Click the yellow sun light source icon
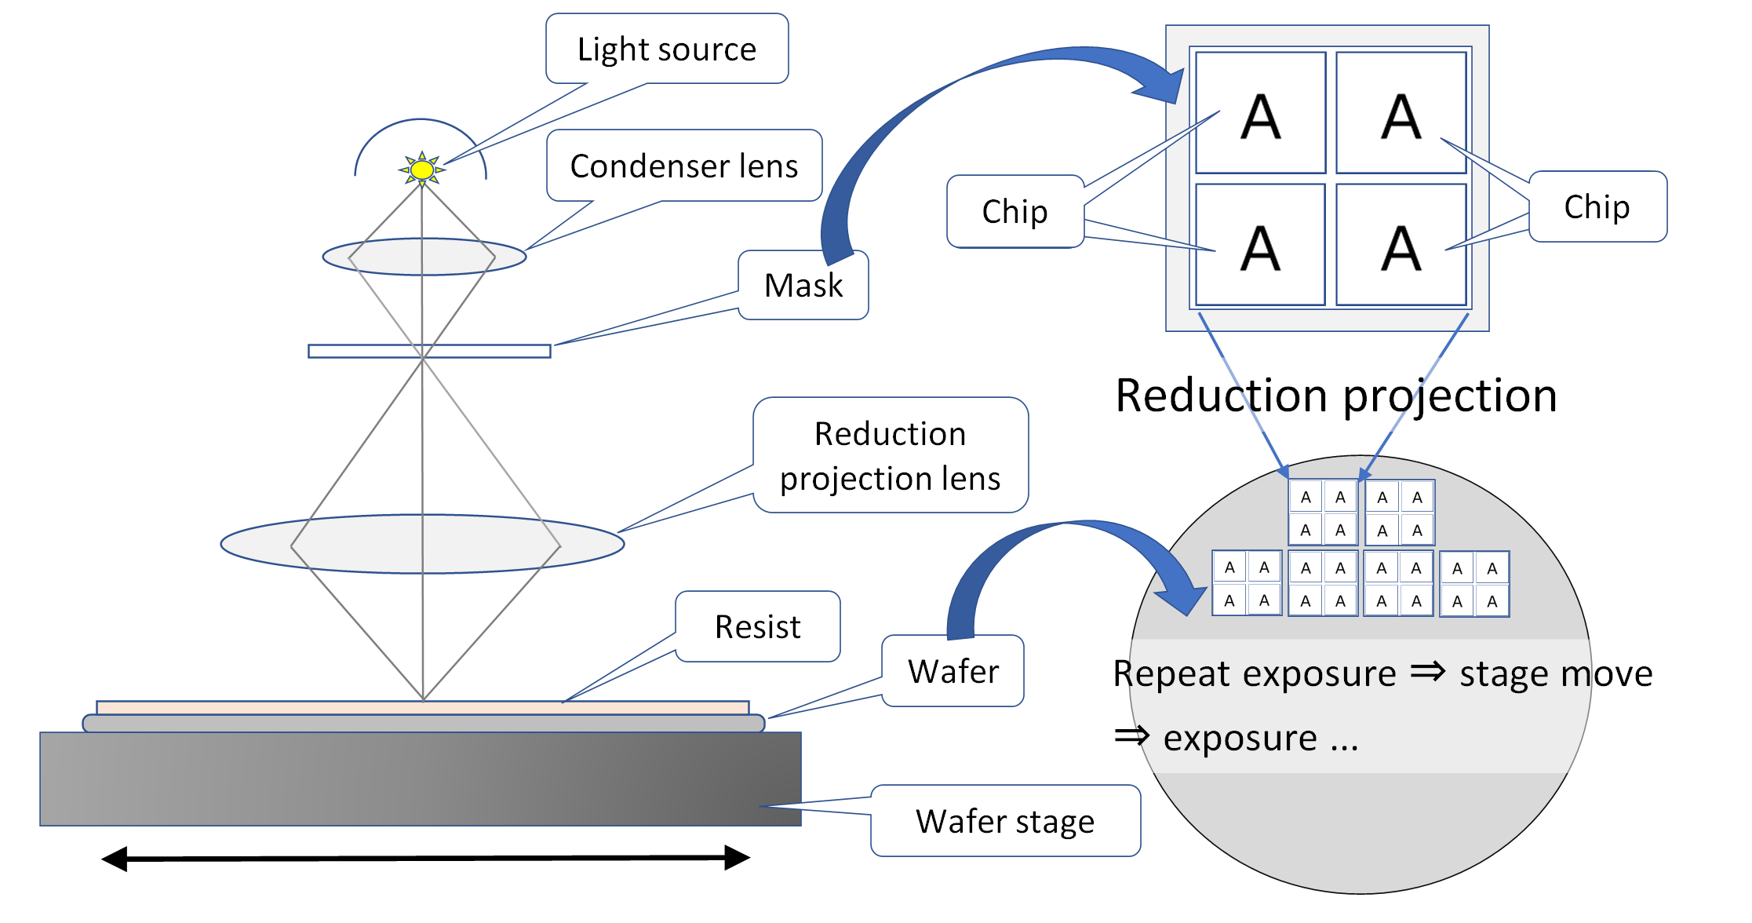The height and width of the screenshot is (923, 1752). (x=422, y=169)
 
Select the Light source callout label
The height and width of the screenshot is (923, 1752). (x=667, y=49)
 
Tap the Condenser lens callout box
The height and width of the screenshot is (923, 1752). (x=683, y=166)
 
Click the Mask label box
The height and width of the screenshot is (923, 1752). (x=803, y=286)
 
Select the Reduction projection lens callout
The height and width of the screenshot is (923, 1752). (x=890, y=456)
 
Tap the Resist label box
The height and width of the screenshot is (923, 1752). (x=757, y=627)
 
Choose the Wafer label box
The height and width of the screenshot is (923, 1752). (x=952, y=672)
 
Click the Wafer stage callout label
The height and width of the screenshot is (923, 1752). (x=1005, y=821)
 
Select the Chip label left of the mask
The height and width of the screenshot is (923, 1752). (x=1014, y=212)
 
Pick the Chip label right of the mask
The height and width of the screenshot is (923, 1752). (x=1597, y=207)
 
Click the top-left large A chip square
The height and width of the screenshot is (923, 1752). (x=1260, y=113)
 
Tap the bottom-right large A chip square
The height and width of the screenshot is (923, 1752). (x=1401, y=245)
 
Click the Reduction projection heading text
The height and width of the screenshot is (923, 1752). (x=1336, y=395)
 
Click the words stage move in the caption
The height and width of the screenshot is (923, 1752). (x=1556, y=673)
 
